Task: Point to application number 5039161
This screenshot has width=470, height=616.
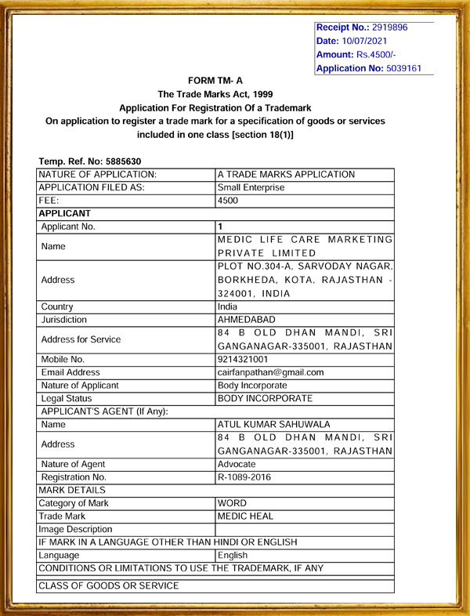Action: [403, 68]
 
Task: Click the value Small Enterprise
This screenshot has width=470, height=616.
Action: [251, 187]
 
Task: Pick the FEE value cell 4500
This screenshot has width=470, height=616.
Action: [228, 201]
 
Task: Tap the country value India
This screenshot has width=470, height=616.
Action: [227, 306]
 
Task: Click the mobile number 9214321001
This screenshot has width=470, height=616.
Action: [243, 360]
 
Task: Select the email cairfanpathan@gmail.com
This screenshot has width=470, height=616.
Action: [270, 373]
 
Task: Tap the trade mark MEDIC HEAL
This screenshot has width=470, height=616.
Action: [246, 516]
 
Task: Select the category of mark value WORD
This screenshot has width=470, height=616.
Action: [233, 503]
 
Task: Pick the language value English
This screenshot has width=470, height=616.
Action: [233, 555]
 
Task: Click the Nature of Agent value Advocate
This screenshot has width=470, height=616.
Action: [237, 464]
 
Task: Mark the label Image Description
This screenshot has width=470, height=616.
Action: [75, 530]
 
